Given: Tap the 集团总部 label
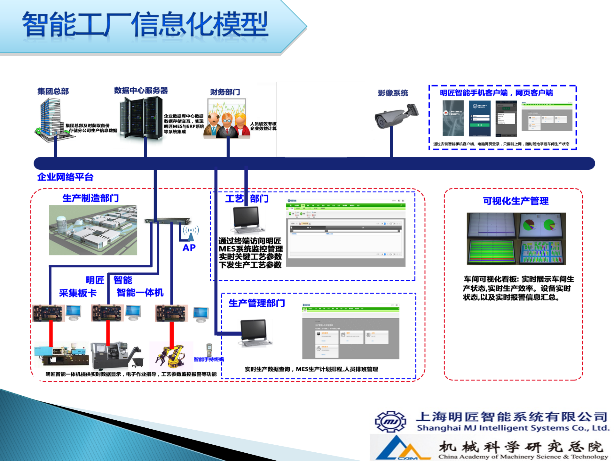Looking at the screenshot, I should pyautogui.click(x=53, y=91).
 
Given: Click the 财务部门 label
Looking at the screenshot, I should pyautogui.click(x=225, y=92).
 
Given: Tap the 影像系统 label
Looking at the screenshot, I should pyautogui.click(x=393, y=93).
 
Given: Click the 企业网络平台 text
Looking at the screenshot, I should pyautogui.click(x=65, y=177).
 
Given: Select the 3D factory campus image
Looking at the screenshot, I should pyautogui.click(x=93, y=230).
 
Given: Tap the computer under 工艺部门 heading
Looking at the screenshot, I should pyautogui.click(x=247, y=220).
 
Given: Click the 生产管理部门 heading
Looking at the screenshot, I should pyautogui.click(x=256, y=303).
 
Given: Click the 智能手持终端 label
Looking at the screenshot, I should pyautogui.click(x=209, y=360).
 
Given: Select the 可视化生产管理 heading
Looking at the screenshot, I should pyautogui.click(x=516, y=201).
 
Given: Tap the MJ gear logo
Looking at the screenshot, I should pyautogui.click(x=390, y=422).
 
